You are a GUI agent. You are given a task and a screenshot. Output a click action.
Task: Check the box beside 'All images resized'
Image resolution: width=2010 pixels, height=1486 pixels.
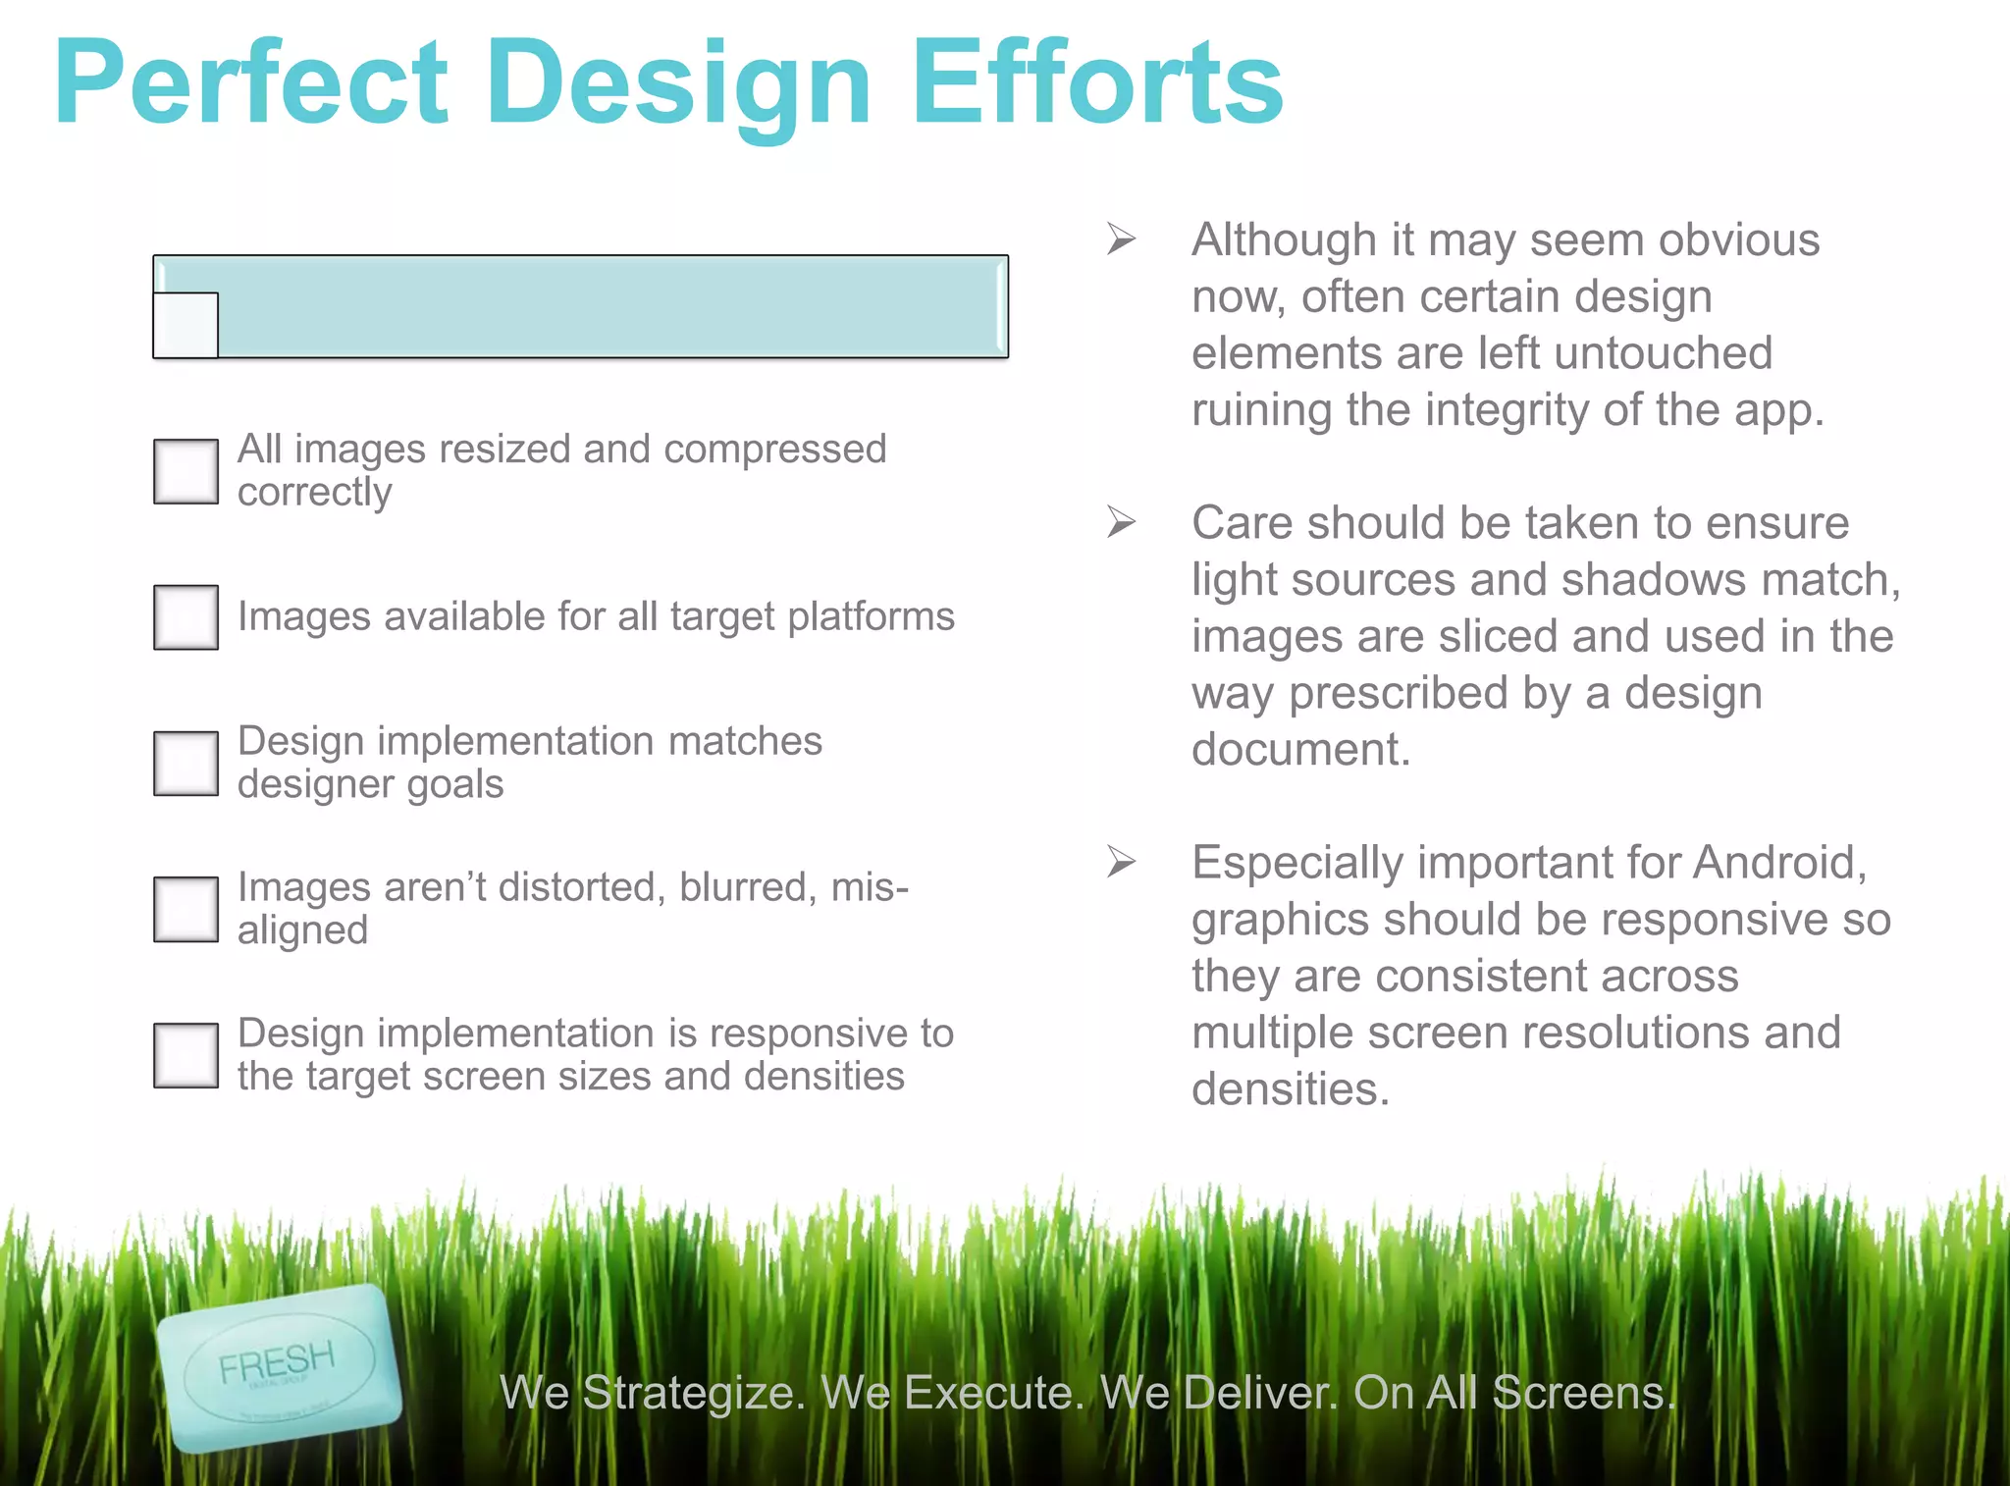tap(185, 471)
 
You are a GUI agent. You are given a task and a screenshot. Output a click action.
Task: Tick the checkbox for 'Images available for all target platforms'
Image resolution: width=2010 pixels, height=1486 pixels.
tap(185, 617)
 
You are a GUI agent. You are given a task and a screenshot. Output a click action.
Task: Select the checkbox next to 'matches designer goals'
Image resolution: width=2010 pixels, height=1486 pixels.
tap(185, 763)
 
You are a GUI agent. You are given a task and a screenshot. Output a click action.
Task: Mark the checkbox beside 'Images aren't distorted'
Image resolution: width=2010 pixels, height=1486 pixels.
tap(185, 909)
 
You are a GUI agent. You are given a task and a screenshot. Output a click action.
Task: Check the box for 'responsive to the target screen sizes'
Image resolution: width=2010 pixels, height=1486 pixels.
tap(185, 1055)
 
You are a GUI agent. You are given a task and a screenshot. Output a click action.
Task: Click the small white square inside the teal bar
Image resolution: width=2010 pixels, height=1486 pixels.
tap(185, 325)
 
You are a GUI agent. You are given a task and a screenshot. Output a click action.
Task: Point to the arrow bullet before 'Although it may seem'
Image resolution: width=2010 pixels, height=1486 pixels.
tap(1121, 239)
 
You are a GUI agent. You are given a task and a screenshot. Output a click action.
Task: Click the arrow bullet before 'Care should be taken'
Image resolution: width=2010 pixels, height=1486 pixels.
tap(1121, 521)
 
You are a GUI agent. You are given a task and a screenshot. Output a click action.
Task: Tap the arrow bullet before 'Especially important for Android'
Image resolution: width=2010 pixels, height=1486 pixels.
tap(1121, 861)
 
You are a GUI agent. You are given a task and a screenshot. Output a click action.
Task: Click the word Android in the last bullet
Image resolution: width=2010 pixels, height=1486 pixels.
tap(1777, 863)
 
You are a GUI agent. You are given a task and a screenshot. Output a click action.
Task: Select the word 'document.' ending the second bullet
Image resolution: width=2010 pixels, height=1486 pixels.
tap(1300, 750)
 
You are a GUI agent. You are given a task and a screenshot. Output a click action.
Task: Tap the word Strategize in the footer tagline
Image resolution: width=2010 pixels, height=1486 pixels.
tap(693, 1393)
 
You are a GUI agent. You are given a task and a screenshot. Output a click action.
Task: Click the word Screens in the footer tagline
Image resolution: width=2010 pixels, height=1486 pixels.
tap(1583, 1393)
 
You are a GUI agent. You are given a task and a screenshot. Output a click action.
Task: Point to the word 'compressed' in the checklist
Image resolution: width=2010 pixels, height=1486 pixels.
tap(774, 450)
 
